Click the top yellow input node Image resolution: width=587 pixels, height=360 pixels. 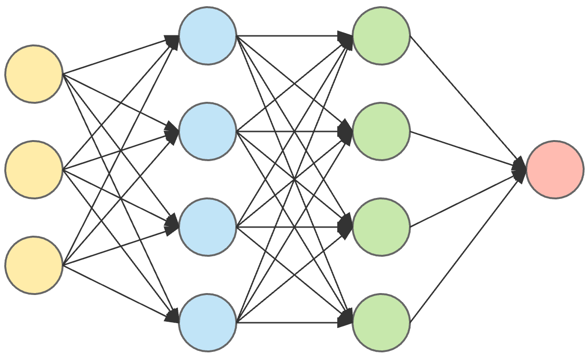pos(34,74)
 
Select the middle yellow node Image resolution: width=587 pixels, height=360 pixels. pos(34,169)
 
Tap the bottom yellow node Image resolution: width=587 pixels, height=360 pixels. pos(34,265)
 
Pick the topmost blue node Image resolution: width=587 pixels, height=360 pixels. pos(208,35)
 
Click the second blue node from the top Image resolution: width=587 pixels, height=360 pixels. pos(208,131)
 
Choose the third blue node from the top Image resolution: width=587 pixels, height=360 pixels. pos(208,227)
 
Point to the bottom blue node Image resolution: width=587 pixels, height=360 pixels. pos(208,322)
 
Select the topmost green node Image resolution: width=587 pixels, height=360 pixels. pos(381,35)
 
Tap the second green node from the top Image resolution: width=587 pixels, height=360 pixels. pos(381,131)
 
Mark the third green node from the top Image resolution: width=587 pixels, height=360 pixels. pos(381,227)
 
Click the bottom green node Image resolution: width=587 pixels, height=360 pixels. pos(381,322)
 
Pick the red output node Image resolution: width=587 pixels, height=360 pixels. pos(555,169)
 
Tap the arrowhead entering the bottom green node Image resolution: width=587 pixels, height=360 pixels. pos(345,319)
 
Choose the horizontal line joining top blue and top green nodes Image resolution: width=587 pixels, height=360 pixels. pos(287,35)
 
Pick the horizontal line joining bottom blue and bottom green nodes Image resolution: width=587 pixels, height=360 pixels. pos(287,322)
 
